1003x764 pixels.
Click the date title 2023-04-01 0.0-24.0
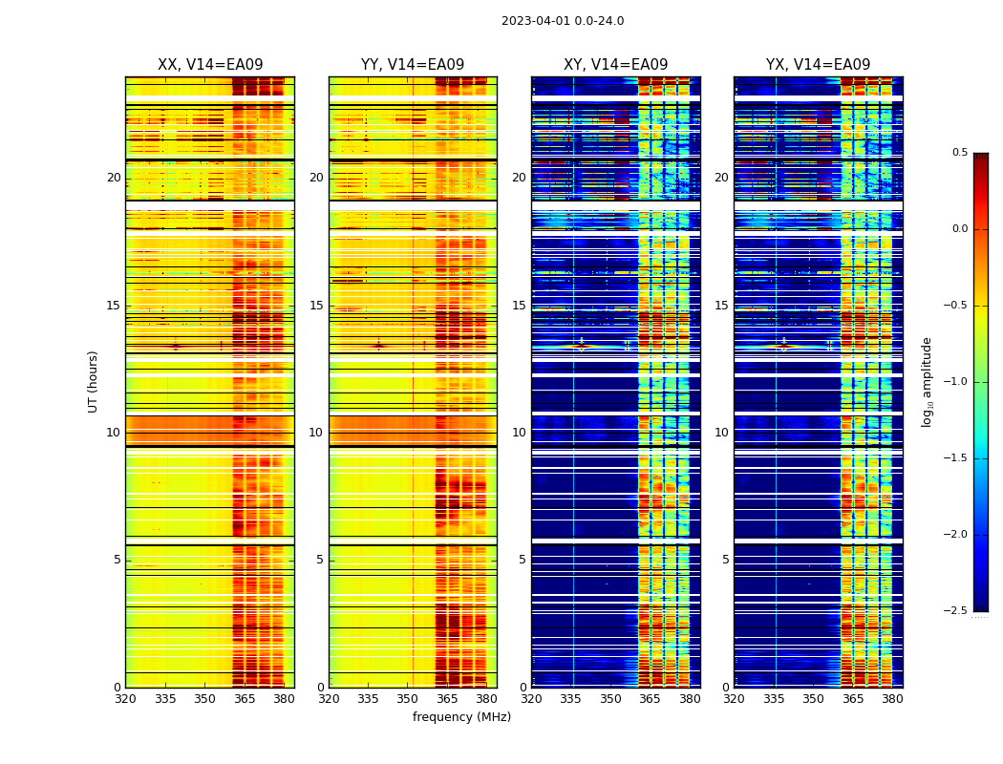pos(563,21)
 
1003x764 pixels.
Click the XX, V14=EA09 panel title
pos(209,65)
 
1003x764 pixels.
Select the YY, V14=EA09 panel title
pos(413,65)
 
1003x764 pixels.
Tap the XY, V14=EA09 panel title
pos(615,65)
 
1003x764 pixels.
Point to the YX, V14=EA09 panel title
pos(818,65)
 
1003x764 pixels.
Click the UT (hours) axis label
pos(94,381)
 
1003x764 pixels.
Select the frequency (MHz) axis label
pos(461,717)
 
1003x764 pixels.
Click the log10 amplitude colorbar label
pos(927,381)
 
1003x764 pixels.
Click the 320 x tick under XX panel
pos(125,699)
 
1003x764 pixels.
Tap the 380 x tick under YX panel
pos(892,699)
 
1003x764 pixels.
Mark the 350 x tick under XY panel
pos(610,699)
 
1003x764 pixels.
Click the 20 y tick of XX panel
pos(114,178)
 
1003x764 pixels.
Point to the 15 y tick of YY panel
pos(317,306)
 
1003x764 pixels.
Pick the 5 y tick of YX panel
pos(726,560)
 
